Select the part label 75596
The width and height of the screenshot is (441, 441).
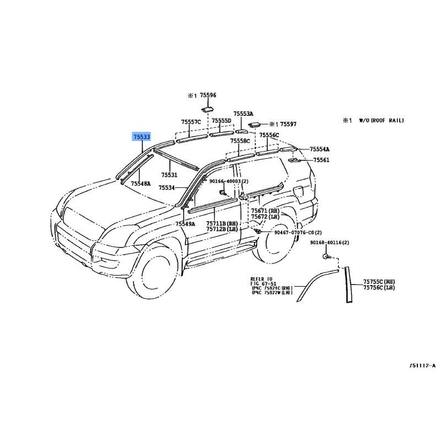pyautogui.click(x=208, y=95)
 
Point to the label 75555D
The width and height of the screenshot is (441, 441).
pyautogui.click(x=221, y=121)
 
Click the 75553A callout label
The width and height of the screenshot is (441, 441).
pyautogui.click(x=243, y=113)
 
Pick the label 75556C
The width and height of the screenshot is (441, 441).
pyautogui.click(x=270, y=135)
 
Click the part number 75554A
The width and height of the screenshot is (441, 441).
pyautogui.click(x=319, y=149)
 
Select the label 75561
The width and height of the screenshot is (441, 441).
pyautogui.click(x=321, y=160)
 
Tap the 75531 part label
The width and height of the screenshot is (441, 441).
pyautogui.click(x=169, y=175)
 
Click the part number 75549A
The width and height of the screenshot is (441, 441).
pyautogui.click(x=185, y=224)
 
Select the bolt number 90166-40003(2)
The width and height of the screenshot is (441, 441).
pyautogui.click(x=229, y=181)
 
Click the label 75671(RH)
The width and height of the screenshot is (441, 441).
pyautogui.click(x=265, y=211)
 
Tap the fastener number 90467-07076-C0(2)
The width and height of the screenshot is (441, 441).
pyautogui.click(x=298, y=233)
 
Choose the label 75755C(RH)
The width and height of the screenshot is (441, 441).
pyautogui.click(x=379, y=281)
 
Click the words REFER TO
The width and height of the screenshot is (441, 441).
pyautogui.click(x=261, y=279)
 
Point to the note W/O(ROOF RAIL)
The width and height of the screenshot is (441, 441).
pyautogui.click(x=381, y=120)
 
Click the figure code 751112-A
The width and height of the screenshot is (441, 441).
pyautogui.click(x=422, y=365)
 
